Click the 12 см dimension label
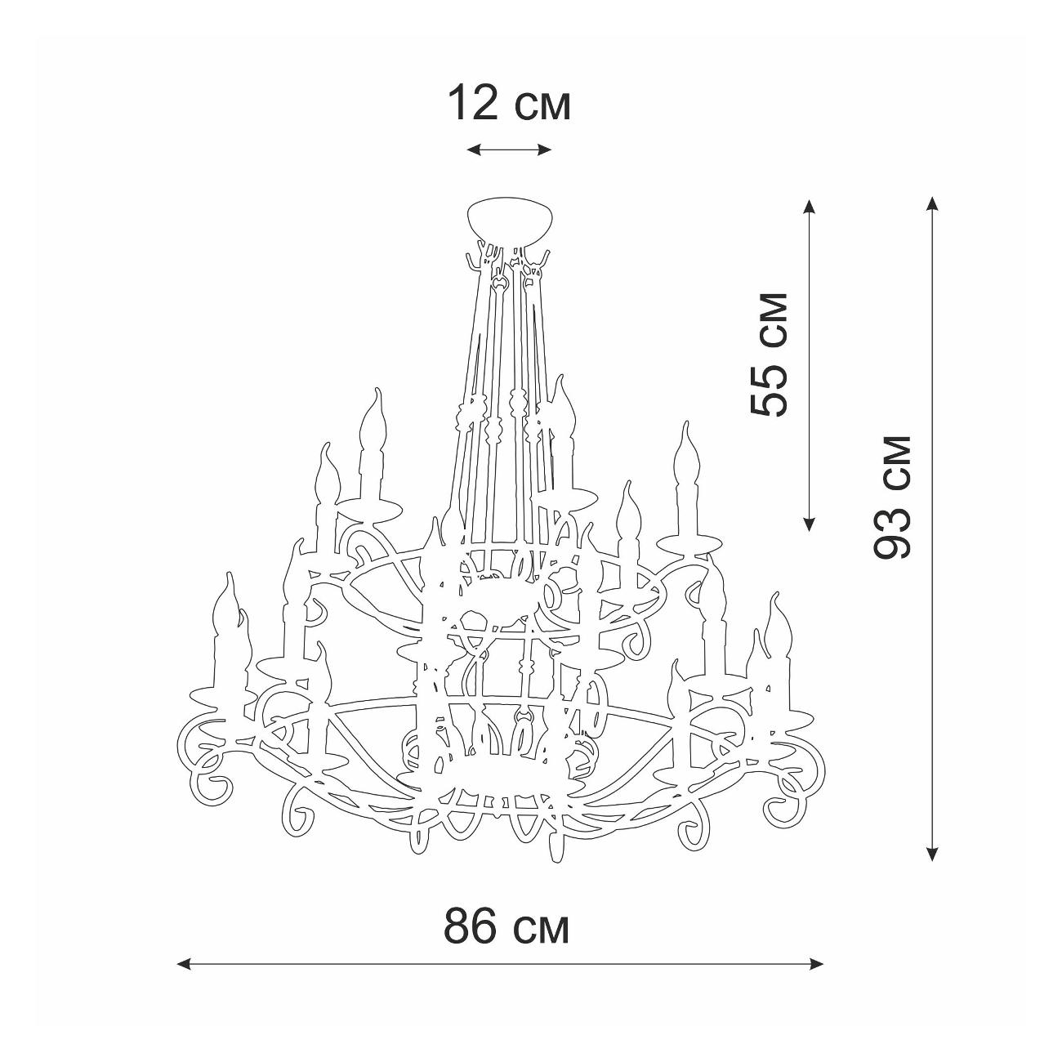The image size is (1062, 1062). tap(509, 104)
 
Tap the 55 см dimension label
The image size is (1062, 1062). tap(769, 355)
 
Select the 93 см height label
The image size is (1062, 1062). tap(892, 497)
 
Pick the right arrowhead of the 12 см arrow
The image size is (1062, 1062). tap(545, 149)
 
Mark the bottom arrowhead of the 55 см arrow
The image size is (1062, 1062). tap(809, 524)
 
